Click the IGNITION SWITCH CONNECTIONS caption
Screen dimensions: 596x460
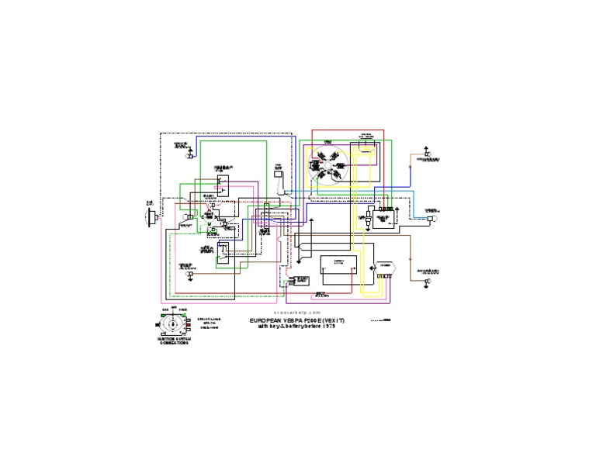pos(173,341)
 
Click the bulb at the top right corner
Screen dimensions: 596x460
pos(427,155)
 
